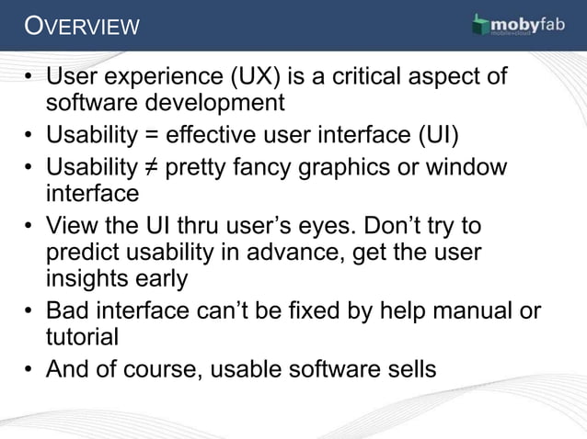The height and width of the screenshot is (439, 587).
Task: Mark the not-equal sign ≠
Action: coord(147,169)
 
